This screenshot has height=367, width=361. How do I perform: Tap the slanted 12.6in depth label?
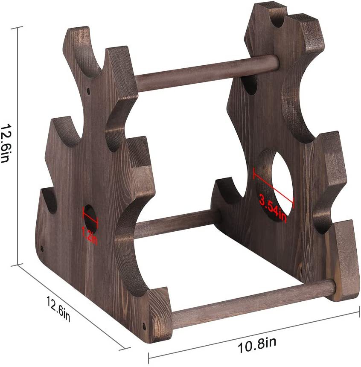coord(58,309)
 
